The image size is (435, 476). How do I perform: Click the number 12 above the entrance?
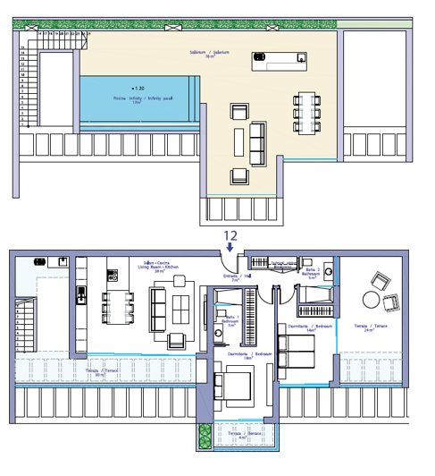tap(230, 235)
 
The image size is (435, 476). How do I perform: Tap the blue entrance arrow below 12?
tap(230, 250)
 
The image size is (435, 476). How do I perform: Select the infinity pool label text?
tap(130, 101)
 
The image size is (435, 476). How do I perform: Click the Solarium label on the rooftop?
tap(203, 54)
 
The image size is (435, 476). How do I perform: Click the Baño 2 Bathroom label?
tap(314, 273)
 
